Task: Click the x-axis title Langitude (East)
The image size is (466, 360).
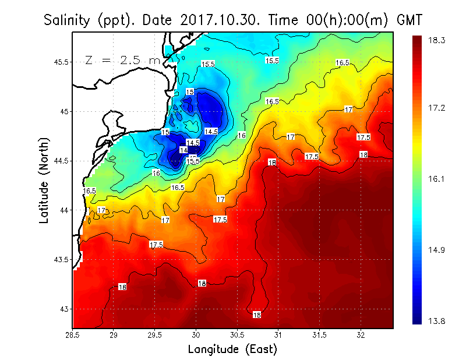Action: coord(232,349)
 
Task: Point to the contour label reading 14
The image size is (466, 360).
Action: coord(183,150)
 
